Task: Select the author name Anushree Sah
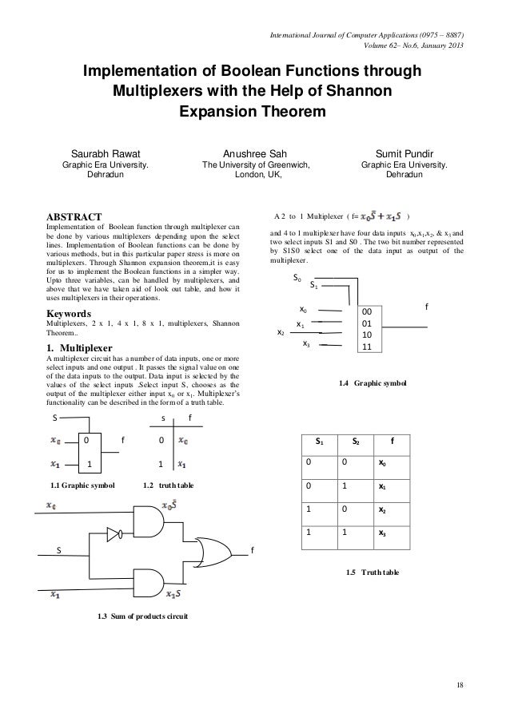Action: (255, 153)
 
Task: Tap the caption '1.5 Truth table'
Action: (370, 572)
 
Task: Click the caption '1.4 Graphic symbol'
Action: (372, 384)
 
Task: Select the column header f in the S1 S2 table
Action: (392, 440)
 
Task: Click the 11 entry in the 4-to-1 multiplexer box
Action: (367, 347)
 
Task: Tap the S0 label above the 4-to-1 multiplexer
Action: (297, 281)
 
